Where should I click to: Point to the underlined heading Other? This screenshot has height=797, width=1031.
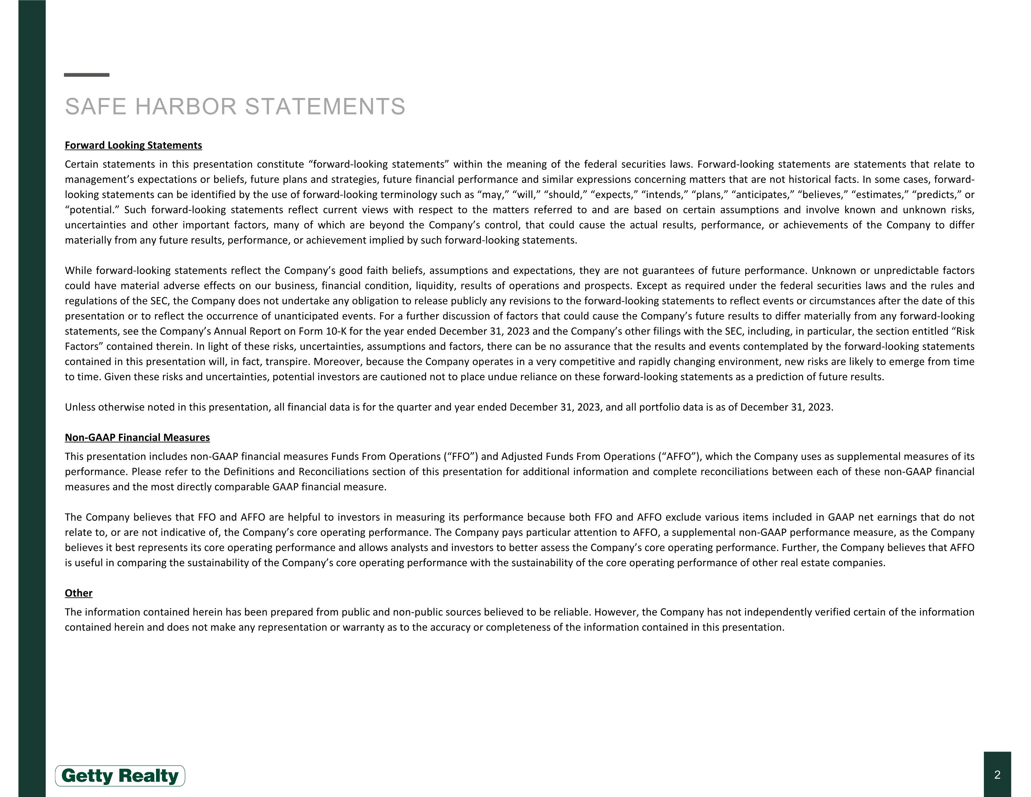78,593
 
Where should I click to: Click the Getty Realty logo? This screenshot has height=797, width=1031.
120,776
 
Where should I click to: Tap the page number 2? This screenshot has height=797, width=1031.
997,775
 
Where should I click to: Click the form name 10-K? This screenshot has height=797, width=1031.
336,331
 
